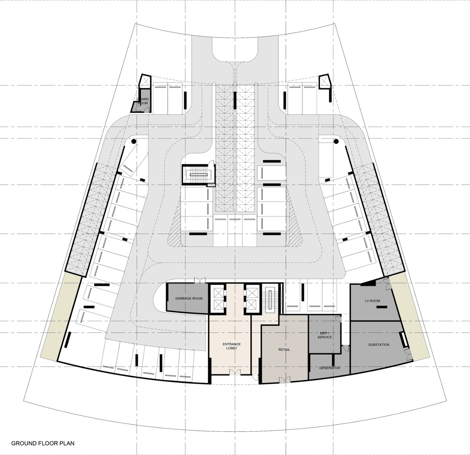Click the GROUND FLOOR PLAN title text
point(43,443)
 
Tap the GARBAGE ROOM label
point(189,298)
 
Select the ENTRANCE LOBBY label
point(232,346)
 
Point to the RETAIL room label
point(284,349)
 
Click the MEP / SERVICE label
point(325,335)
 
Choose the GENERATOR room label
point(329,368)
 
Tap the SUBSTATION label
point(379,345)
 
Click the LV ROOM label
point(372,301)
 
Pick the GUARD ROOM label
point(143,101)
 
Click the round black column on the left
point(134,141)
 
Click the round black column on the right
point(336,141)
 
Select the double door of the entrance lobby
point(235,372)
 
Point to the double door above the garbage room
point(200,280)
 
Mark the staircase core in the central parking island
point(198,175)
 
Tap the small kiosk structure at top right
point(325,82)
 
